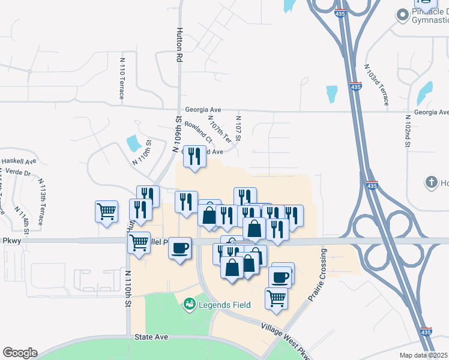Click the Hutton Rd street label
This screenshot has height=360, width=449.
(179, 46)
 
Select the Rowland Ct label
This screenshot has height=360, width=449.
(199, 131)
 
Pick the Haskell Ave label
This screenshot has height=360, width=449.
(19, 161)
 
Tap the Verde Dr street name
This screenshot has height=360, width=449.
(17, 172)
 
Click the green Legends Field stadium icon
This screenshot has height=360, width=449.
(190, 305)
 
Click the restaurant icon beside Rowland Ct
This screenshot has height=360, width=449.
(194, 158)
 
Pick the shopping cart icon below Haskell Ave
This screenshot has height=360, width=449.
(106, 212)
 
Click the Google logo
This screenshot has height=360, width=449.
(20, 353)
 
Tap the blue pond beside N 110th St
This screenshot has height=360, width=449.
(134, 143)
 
